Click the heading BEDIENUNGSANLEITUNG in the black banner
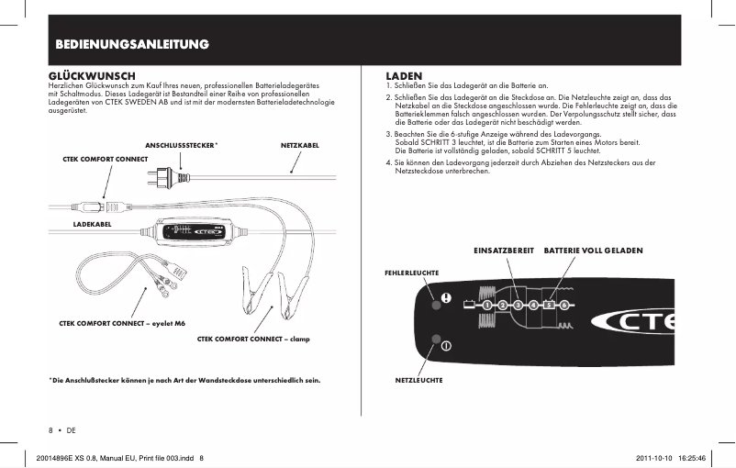pos(130,44)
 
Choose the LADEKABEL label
pos(92,223)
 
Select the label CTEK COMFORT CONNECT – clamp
pos(254,339)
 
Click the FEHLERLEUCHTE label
pos(410,273)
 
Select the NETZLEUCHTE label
pos(418,378)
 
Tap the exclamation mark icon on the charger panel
pos(446,297)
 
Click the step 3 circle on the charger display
pos(519,304)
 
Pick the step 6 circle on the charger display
pos(564,304)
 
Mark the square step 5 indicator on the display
pos(549,304)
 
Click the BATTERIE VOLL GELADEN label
pos(593,250)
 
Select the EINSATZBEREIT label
pos(504,250)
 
